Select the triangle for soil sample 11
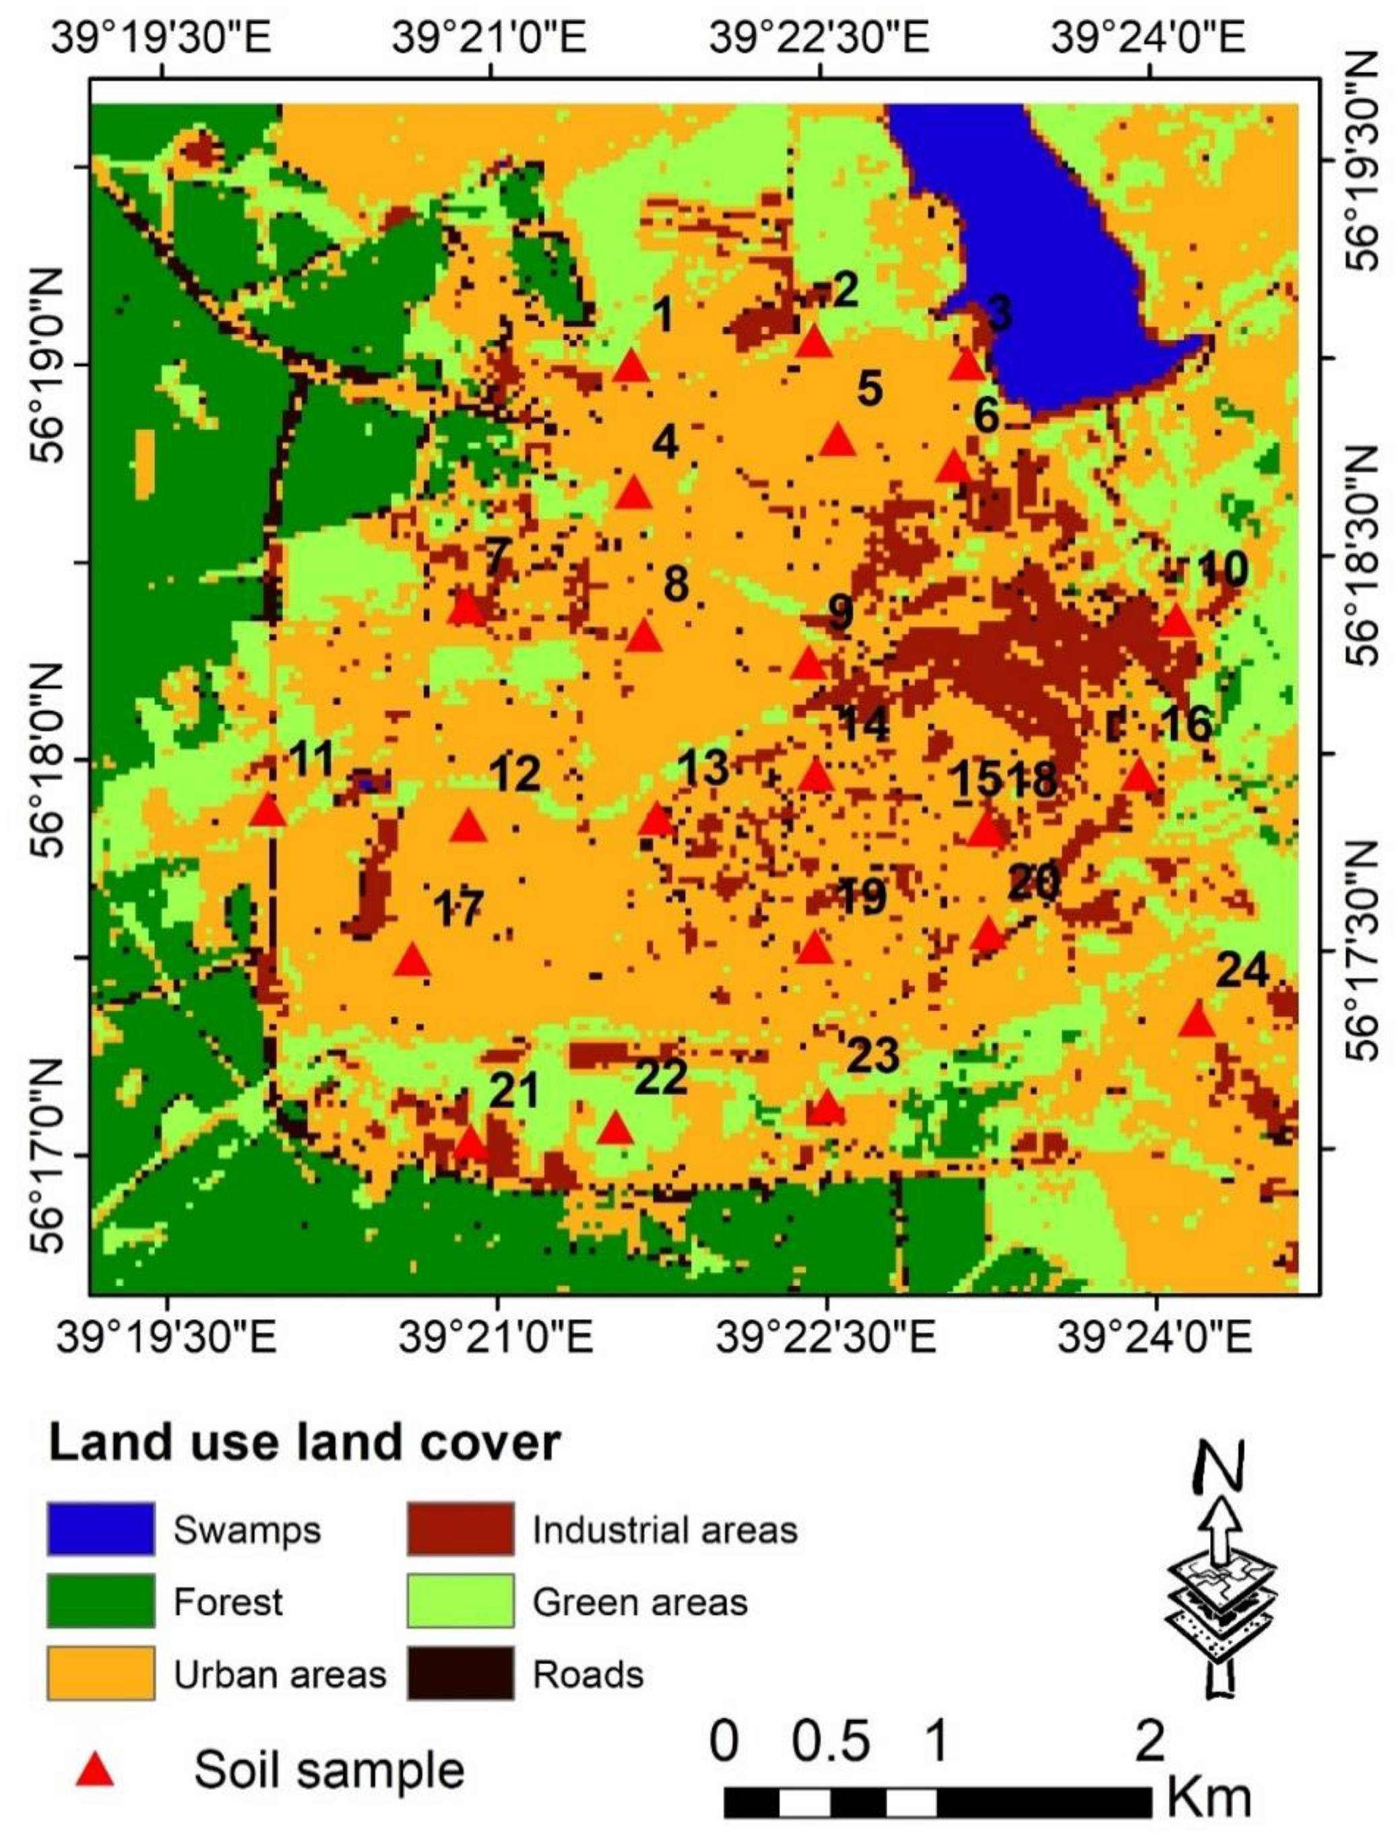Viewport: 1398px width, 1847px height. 269,811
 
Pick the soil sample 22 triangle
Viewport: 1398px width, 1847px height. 616,1130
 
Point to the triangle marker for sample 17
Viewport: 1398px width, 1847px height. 412,962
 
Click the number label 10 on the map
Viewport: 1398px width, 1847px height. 1222,569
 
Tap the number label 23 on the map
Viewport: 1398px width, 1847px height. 873,1056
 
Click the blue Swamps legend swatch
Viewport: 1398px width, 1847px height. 101,1529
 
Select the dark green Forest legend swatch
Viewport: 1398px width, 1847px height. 101,1601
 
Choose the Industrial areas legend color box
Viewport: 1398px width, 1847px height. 461,1529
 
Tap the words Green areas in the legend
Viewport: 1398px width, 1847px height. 640,1602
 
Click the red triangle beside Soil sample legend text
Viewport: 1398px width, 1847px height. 94,1769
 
